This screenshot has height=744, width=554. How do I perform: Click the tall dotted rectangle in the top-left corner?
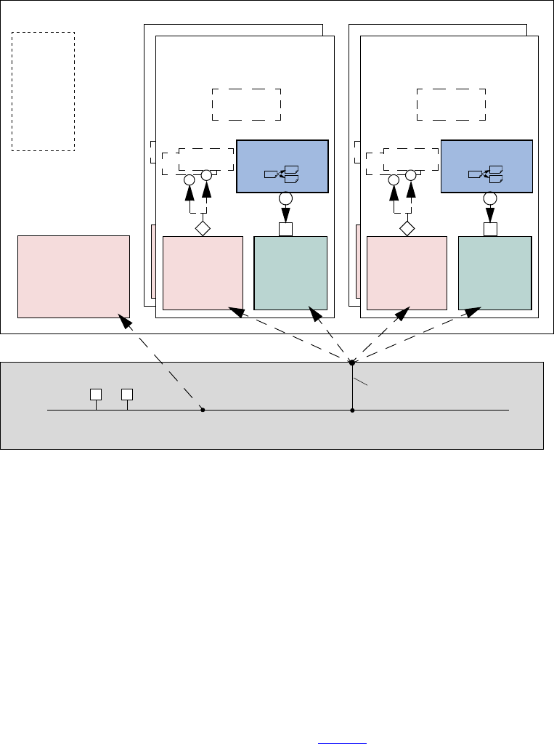coord(43,92)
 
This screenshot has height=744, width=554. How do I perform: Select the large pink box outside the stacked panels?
coord(73,276)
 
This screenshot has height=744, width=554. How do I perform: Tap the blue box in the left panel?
coord(283,166)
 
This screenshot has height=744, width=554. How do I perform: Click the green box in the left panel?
coord(290,273)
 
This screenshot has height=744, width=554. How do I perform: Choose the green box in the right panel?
coord(495,273)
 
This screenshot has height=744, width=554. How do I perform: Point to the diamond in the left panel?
coord(203,228)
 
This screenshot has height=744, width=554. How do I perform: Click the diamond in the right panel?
coord(407,228)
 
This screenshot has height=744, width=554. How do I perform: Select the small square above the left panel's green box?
coord(285,230)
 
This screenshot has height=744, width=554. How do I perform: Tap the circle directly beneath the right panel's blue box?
coord(490,199)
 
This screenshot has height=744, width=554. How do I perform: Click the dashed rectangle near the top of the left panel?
coord(246,105)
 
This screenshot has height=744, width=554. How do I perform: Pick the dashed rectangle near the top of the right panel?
coord(451,105)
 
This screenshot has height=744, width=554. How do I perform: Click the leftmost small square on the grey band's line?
coord(95,395)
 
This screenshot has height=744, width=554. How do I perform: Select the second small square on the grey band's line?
coord(127,395)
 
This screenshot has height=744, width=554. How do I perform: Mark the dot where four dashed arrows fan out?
coord(352,362)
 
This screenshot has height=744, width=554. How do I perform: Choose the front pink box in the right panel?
coord(407,273)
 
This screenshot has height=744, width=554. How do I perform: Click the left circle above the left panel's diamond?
coord(189,179)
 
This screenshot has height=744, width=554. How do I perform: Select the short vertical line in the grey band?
coord(352,387)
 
